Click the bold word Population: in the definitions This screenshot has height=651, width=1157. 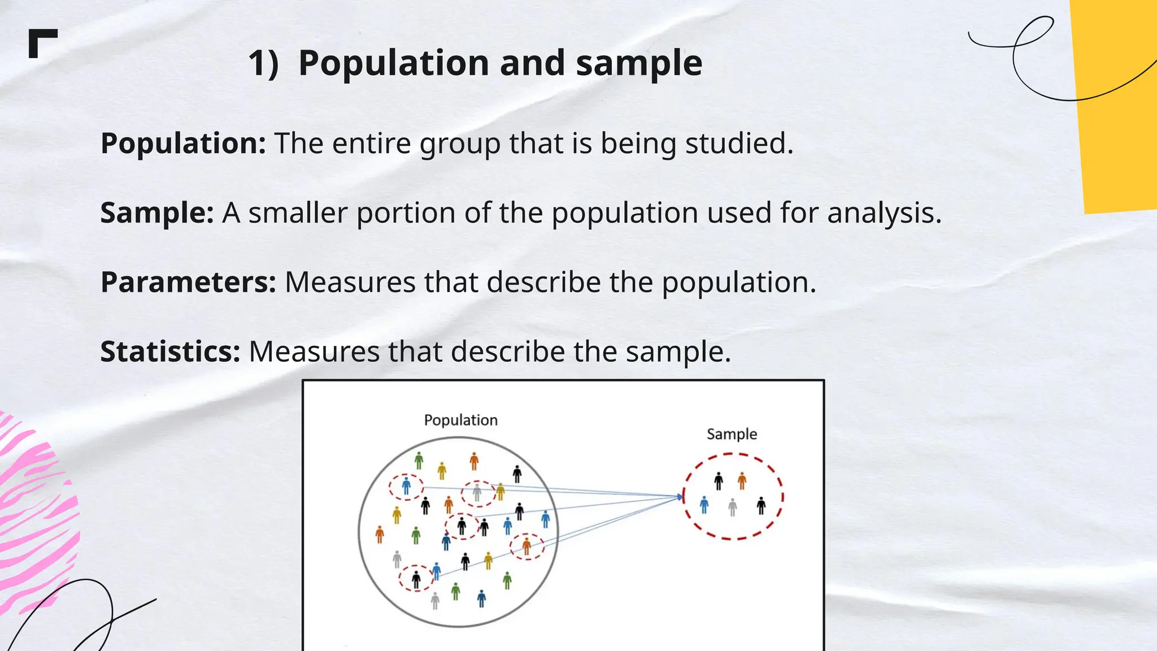click(x=183, y=144)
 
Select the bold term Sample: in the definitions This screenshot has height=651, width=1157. click(x=157, y=213)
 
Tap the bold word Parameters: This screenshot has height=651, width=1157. click(x=188, y=283)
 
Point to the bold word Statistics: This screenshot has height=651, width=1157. click(x=171, y=351)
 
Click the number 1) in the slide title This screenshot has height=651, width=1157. click(x=263, y=63)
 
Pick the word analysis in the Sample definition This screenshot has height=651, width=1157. click(x=884, y=213)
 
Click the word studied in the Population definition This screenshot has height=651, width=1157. click(x=739, y=144)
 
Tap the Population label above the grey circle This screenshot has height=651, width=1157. click(x=460, y=420)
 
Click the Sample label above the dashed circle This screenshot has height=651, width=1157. click(x=732, y=434)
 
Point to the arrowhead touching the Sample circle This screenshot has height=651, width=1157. click(x=680, y=497)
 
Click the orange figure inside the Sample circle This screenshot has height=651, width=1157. click(x=742, y=481)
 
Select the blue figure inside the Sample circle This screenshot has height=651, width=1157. click(x=704, y=505)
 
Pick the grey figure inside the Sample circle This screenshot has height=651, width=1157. click(x=733, y=507)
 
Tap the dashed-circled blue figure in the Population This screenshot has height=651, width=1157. click(x=406, y=486)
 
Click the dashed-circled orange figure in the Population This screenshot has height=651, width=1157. click(x=527, y=546)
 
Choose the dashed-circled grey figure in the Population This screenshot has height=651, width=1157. click(x=477, y=493)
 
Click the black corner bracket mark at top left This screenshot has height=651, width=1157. click(x=42, y=43)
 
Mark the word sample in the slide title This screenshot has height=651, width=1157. click(x=639, y=63)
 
